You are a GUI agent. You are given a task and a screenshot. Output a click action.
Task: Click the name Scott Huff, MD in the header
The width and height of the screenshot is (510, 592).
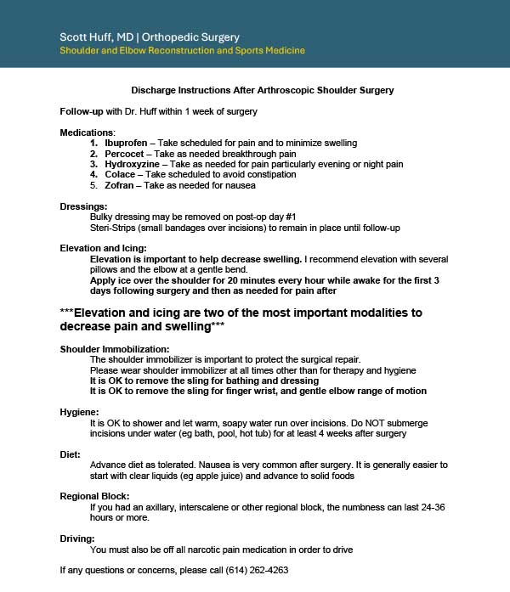click(x=93, y=37)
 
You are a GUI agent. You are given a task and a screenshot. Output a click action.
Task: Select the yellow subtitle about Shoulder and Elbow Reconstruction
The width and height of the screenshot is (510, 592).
click(x=182, y=51)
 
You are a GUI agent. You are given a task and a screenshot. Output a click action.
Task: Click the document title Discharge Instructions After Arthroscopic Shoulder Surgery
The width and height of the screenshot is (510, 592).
click(x=263, y=90)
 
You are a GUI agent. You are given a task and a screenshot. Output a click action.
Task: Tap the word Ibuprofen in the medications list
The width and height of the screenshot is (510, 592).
click(x=126, y=144)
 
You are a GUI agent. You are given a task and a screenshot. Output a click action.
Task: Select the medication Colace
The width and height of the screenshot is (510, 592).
click(x=120, y=174)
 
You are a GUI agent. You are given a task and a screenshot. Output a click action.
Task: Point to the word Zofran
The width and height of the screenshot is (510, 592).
click(x=120, y=185)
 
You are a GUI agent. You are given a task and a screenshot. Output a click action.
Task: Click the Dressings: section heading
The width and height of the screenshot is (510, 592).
click(x=83, y=206)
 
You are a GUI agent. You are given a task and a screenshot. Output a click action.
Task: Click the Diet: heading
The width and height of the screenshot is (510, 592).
click(x=71, y=454)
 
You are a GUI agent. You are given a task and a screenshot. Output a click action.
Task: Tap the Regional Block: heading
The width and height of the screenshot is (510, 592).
click(x=94, y=495)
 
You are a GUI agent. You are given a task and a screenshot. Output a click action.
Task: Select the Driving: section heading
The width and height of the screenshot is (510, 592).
click(x=77, y=538)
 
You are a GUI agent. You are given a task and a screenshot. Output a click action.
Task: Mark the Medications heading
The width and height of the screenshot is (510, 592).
click(x=86, y=132)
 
